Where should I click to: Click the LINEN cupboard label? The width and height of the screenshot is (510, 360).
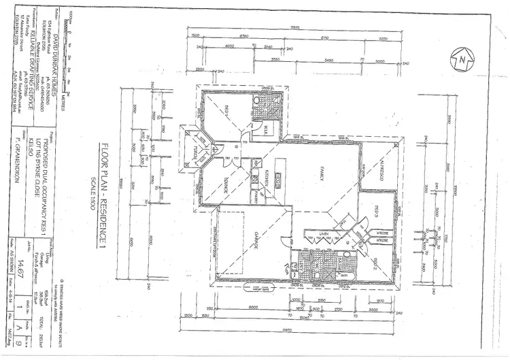(324, 233)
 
